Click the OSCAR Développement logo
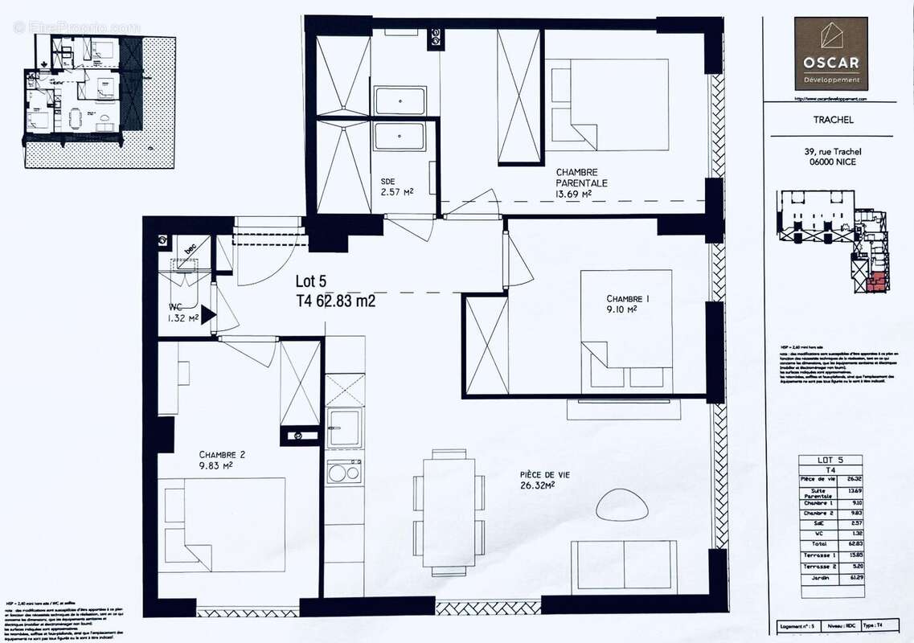(830, 53)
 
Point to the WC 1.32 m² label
(183, 313)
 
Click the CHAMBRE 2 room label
(222, 459)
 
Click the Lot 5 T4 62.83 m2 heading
(335, 292)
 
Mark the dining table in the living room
(449, 512)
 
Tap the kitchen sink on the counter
(344, 428)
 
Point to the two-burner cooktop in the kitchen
(344, 472)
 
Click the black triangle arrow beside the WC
(207, 315)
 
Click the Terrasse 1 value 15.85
(856, 555)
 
